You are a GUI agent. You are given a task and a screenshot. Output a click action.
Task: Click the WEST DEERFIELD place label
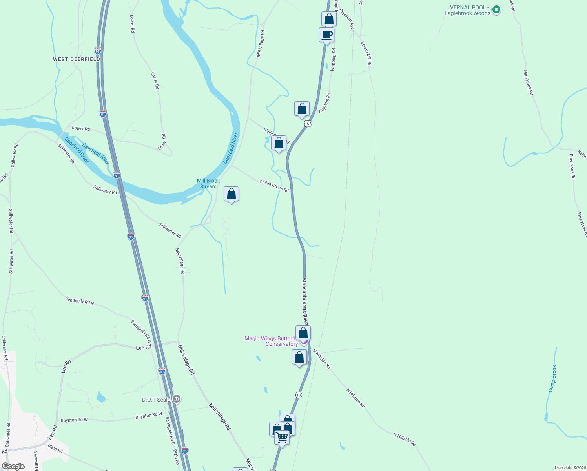click(x=77, y=59)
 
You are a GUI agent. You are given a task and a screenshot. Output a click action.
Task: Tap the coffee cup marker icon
click(x=326, y=35)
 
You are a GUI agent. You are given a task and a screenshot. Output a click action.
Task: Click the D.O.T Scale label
click(x=156, y=400)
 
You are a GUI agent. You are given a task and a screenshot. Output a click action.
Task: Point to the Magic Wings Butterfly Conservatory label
click(x=271, y=341)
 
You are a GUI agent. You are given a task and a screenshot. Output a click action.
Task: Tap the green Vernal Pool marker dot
click(x=496, y=10)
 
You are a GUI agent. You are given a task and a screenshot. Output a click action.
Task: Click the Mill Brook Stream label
click(x=208, y=184)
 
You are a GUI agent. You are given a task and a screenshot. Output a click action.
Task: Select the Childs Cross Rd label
click(x=274, y=186)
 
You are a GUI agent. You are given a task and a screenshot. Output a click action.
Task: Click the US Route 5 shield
click(x=308, y=124)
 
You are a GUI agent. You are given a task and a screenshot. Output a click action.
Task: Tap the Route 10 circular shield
click(x=299, y=395)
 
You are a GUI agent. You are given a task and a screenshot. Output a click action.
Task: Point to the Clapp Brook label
click(x=552, y=378)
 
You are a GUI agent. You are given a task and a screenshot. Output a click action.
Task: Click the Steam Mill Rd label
click(x=366, y=53)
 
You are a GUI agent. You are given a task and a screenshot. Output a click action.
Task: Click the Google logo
click(x=13, y=466)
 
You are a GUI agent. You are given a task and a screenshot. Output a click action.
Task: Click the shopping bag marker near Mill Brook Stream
click(x=232, y=194)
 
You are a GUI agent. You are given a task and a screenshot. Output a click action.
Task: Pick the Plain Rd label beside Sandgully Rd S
click(x=177, y=457)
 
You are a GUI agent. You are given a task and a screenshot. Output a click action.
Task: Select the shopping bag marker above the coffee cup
click(x=329, y=19)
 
